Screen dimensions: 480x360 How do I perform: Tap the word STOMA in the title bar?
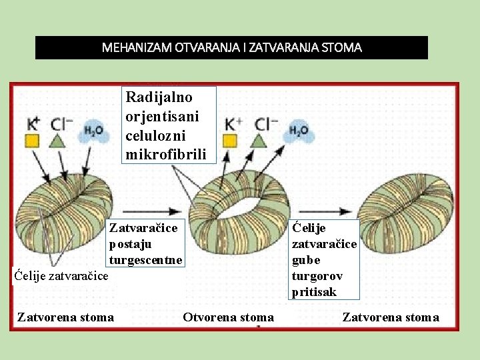click(x=341, y=48)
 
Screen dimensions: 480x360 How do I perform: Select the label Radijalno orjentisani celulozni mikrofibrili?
click(x=168, y=126)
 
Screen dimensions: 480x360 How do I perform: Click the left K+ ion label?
click(x=33, y=124)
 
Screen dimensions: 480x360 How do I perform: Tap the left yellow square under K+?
click(x=32, y=141)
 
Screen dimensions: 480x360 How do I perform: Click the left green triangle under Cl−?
click(x=58, y=141)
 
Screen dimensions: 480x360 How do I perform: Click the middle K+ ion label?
click(x=234, y=124)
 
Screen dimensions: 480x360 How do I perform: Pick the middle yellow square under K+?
click(x=230, y=141)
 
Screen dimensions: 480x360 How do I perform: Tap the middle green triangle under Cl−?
click(x=259, y=140)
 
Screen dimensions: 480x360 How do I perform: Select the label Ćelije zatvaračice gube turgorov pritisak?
click(x=325, y=260)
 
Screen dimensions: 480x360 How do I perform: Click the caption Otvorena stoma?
click(x=228, y=317)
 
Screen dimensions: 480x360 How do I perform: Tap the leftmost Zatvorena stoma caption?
click(x=65, y=317)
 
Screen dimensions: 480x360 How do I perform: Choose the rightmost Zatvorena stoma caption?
click(x=391, y=317)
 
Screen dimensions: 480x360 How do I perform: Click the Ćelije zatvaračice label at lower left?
click(x=61, y=274)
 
